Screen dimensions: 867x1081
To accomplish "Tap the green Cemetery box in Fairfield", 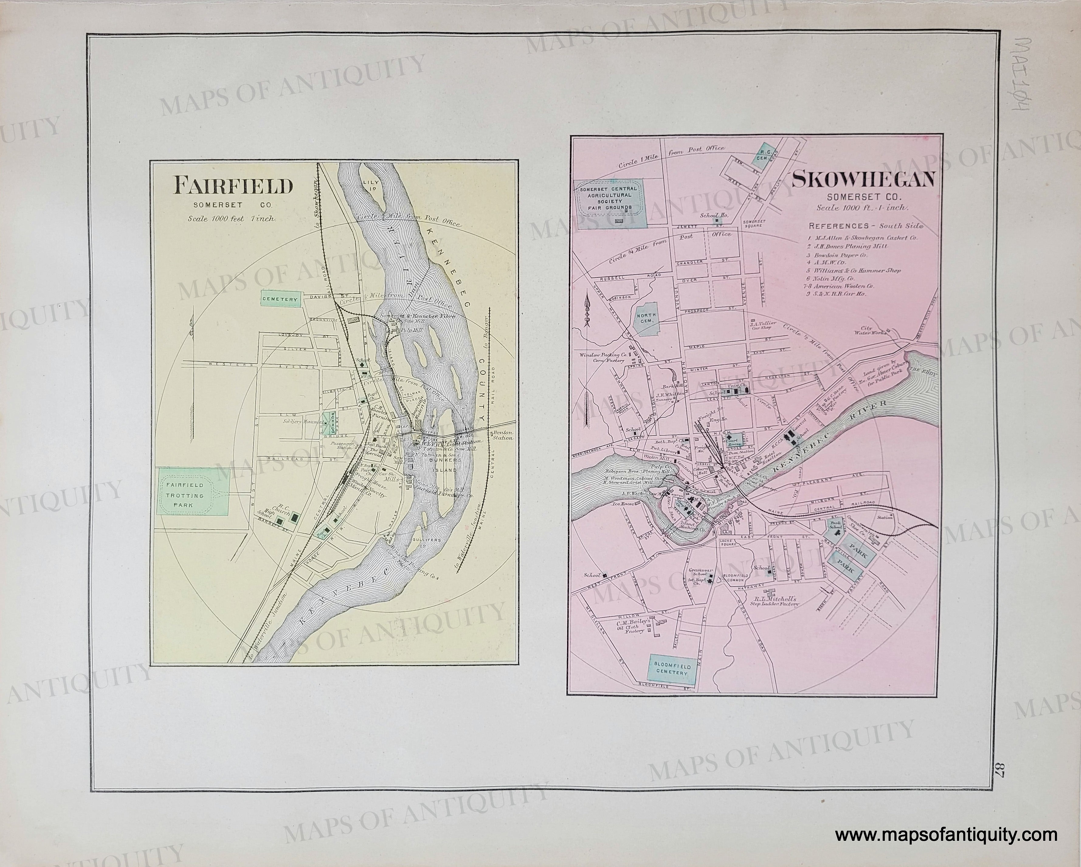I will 280,299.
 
